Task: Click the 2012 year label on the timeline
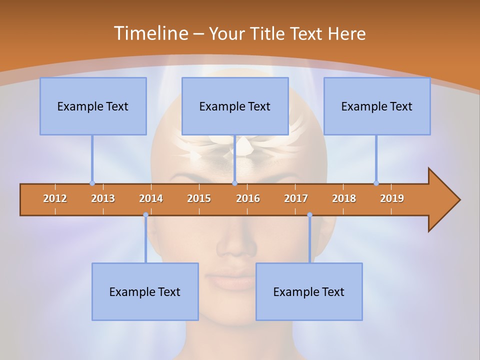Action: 55,198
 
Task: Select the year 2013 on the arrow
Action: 103,198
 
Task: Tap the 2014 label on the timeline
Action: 151,198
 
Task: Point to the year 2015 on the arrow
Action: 199,198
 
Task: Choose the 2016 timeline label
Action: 248,198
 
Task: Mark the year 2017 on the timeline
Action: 296,198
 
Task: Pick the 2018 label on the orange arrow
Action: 344,198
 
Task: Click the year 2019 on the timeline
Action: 392,198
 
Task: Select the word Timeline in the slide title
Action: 150,33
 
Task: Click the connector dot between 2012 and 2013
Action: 92,183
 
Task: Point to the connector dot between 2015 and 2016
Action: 234,183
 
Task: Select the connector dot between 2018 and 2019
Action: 376,183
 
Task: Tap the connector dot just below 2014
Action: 145,215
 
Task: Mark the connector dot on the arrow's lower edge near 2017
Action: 309,215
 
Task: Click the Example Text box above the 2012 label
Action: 93,106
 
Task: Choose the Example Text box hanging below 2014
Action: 145,291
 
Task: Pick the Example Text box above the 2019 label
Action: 377,106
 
